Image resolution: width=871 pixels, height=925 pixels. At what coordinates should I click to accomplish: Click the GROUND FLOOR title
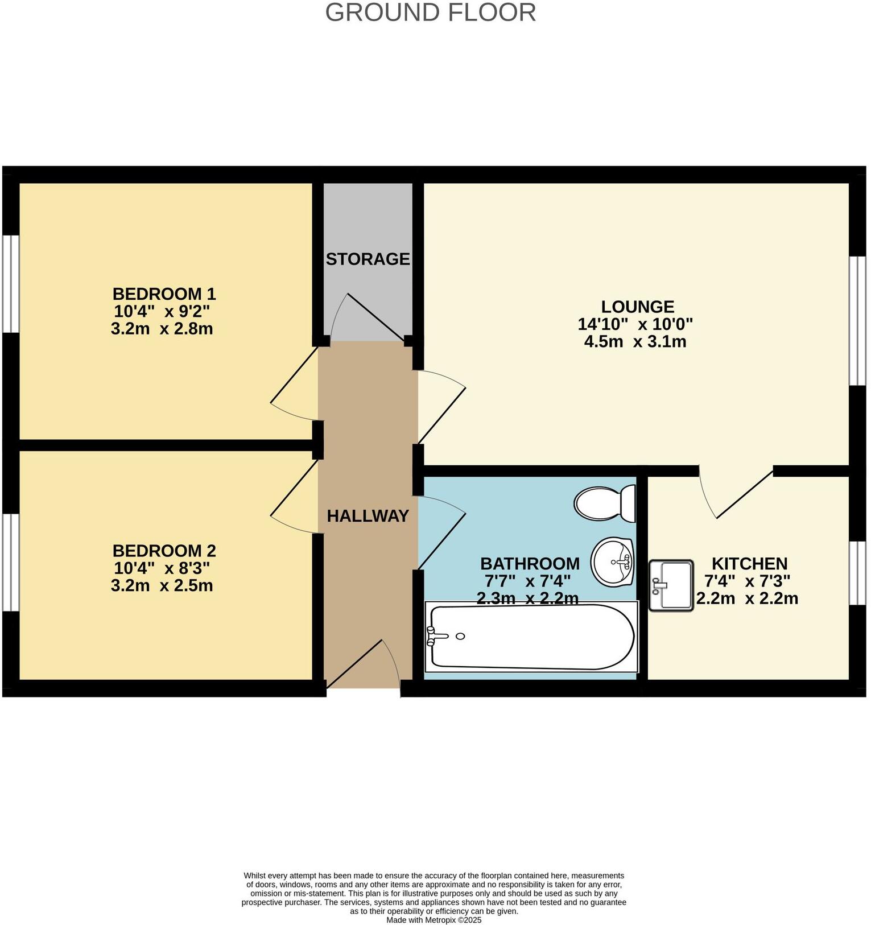tap(430, 13)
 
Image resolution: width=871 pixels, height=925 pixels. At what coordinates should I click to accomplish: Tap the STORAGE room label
tap(368, 259)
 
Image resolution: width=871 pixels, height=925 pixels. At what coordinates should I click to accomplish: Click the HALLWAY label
tap(368, 516)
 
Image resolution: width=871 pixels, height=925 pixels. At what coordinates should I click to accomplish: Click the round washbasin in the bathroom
tap(613, 562)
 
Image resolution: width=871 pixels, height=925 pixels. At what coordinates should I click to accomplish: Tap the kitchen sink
tap(671, 585)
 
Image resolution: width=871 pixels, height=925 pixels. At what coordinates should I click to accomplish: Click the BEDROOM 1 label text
tap(164, 294)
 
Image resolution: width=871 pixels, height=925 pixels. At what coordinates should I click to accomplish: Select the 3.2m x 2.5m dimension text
tap(162, 585)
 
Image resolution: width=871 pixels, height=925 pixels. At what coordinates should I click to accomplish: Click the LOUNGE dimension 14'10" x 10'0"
tap(635, 324)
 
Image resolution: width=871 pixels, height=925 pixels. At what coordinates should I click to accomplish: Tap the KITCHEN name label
tap(749, 564)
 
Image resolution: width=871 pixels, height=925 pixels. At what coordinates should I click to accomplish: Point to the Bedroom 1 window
tap(10, 283)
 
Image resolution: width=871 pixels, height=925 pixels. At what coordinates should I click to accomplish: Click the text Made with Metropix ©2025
tap(434, 920)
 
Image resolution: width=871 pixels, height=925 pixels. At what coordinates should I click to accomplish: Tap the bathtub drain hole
tap(460, 636)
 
